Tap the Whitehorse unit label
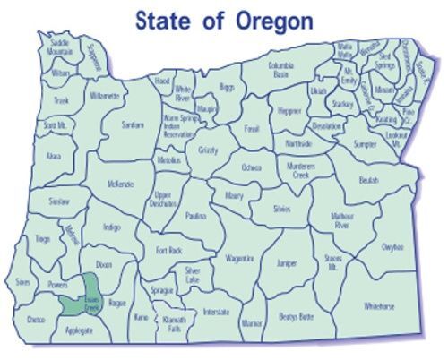click(379, 306)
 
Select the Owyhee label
click(392, 246)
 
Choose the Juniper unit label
click(287, 264)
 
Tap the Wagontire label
click(240, 258)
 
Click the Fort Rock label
click(169, 251)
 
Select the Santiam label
click(133, 125)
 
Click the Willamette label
click(104, 95)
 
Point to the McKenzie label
click(120, 184)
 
